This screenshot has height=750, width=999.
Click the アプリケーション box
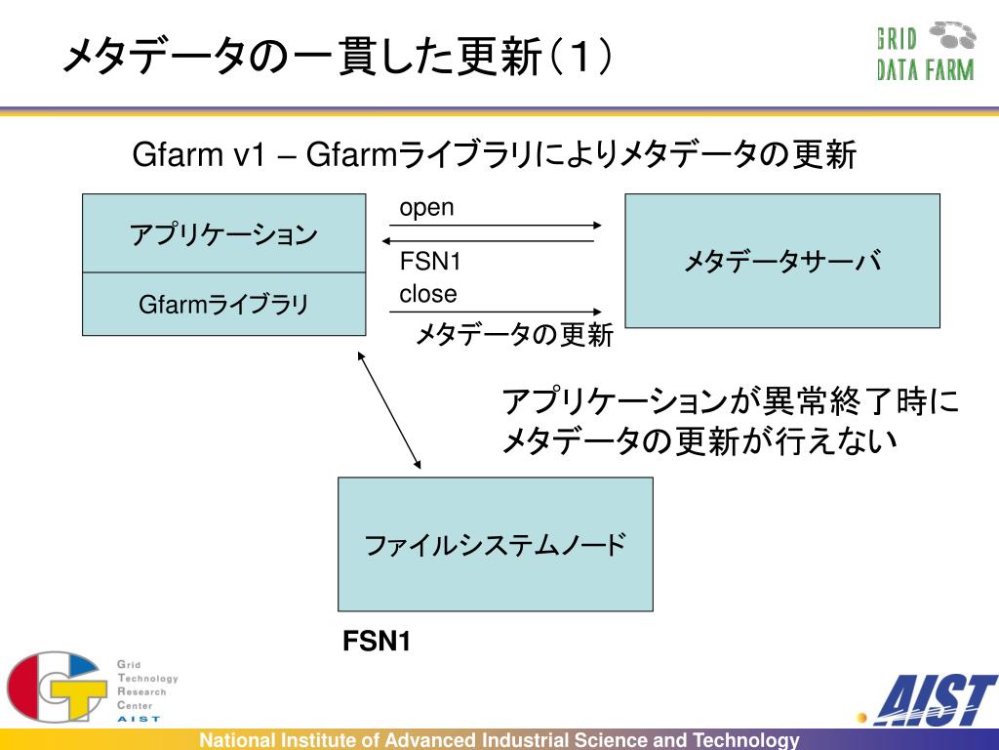[x=223, y=234]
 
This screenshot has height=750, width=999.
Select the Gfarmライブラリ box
[x=223, y=305]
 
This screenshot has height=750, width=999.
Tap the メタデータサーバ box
[x=781, y=261]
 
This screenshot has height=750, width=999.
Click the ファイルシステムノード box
[x=495, y=544]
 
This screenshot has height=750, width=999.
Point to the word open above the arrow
[x=426, y=208]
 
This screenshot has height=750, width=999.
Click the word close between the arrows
[x=427, y=294]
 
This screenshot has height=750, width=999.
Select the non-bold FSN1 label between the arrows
[x=430, y=262]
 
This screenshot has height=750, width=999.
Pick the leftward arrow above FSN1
[x=488, y=240]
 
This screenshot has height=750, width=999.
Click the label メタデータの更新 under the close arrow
[x=514, y=336]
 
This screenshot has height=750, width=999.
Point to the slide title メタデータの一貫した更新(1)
[x=338, y=58]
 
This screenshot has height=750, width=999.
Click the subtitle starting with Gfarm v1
[x=494, y=155]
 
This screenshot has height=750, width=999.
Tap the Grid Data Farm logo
[x=925, y=53]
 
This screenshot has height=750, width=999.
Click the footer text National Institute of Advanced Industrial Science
[x=499, y=740]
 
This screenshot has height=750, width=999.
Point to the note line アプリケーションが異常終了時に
[x=730, y=401]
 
